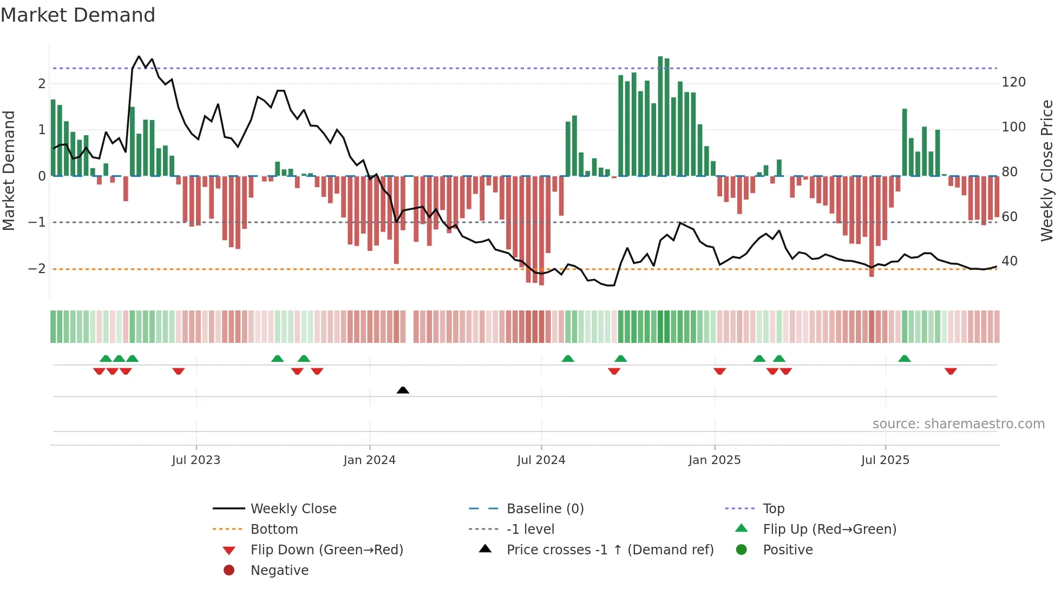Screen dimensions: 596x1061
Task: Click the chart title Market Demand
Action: [78, 15]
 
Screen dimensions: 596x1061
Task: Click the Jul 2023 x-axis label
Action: [196, 460]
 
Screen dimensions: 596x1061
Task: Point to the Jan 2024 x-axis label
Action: [370, 460]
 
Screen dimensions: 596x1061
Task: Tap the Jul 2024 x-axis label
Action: [541, 460]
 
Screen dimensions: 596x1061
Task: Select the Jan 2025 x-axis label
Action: [715, 460]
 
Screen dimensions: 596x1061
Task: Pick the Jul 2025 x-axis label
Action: [885, 460]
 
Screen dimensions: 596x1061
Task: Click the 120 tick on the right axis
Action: [1013, 82]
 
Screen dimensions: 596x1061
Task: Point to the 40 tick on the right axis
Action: [1010, 261]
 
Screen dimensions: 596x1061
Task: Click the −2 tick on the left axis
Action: [37, 269]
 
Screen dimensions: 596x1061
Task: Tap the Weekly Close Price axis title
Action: [1047, 170]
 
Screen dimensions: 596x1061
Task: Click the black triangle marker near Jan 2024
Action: [403, 390]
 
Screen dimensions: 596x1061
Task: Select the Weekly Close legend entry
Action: [293, 509]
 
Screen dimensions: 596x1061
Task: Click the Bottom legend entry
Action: [274, 529]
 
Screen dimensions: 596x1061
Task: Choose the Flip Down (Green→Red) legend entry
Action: [326, 550]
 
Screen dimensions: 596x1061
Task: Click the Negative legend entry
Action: [279, 571]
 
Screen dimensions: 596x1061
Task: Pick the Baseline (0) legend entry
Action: [545, 509]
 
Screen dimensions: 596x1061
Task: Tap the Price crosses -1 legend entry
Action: [610, 550]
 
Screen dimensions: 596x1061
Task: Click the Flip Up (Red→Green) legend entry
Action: [829, 529]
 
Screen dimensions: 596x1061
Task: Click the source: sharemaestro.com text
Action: [958, 424]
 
